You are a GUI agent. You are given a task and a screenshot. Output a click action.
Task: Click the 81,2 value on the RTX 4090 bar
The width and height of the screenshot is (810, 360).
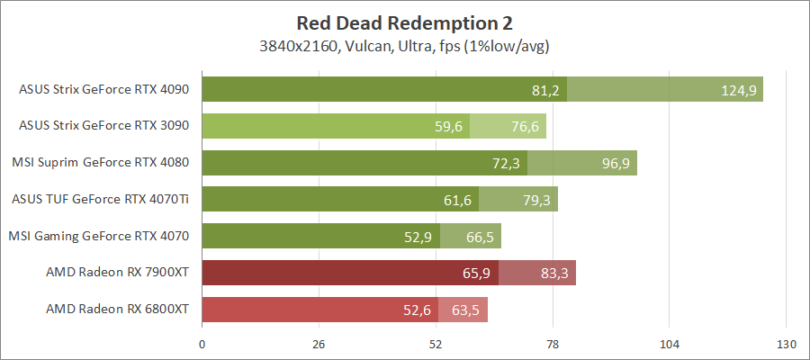click(546, 90)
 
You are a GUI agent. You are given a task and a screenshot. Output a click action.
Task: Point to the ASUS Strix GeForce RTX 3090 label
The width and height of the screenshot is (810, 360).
click(103, 126)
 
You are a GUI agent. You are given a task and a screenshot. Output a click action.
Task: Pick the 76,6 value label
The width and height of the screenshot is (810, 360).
click(525, 127)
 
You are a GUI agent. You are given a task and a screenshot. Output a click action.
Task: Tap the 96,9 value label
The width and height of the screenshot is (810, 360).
click(616, 164)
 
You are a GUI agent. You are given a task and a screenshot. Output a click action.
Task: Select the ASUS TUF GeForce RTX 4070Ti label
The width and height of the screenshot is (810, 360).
click(103, 200)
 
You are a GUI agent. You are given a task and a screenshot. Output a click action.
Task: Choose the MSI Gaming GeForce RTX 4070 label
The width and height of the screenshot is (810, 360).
click(99, 237)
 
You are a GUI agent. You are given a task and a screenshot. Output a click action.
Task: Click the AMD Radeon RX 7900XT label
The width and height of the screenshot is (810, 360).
click(117, 273)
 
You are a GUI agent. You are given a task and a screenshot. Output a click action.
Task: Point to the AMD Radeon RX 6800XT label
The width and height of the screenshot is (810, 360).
click(117, 310)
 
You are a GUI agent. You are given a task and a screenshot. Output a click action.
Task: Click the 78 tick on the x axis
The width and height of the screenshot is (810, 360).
click(553, 344)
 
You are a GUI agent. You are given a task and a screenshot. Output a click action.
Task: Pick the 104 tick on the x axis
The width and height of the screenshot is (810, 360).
click(669, 344)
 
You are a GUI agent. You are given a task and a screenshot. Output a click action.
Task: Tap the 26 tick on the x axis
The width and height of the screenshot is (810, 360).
click(319, 344)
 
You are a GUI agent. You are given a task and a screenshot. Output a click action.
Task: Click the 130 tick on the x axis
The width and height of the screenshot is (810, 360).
click(786, 344)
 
